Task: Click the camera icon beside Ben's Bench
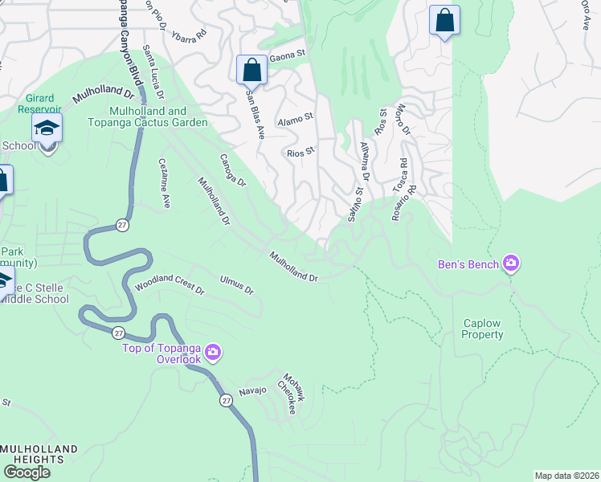pyautogui.click(x=510, y=263)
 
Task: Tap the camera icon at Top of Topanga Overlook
pyautogui.click(x=213, y=352)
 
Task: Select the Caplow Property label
pyautogui.click(x=482, y=329)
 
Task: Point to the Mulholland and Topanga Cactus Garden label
pyautogui.click(x=158, y=116)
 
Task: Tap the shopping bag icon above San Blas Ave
pyautogui.click(x=251, y=70)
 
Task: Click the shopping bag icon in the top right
pyautogui.click(x=444, y=22)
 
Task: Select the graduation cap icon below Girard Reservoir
pyautogui.click(x=47, y=129)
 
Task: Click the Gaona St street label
pyautogui.click(x=288, y=56)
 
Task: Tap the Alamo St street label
pyautogui.click(x=294, y=119)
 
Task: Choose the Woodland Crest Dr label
pyautogui.click(x=170, y=285)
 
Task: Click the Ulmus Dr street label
pyautogui.click(x=236, y=284)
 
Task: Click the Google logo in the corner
pyautogui.click(x=27, y=472)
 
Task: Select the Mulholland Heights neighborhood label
pyautogui.click(x=39, y=454)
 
